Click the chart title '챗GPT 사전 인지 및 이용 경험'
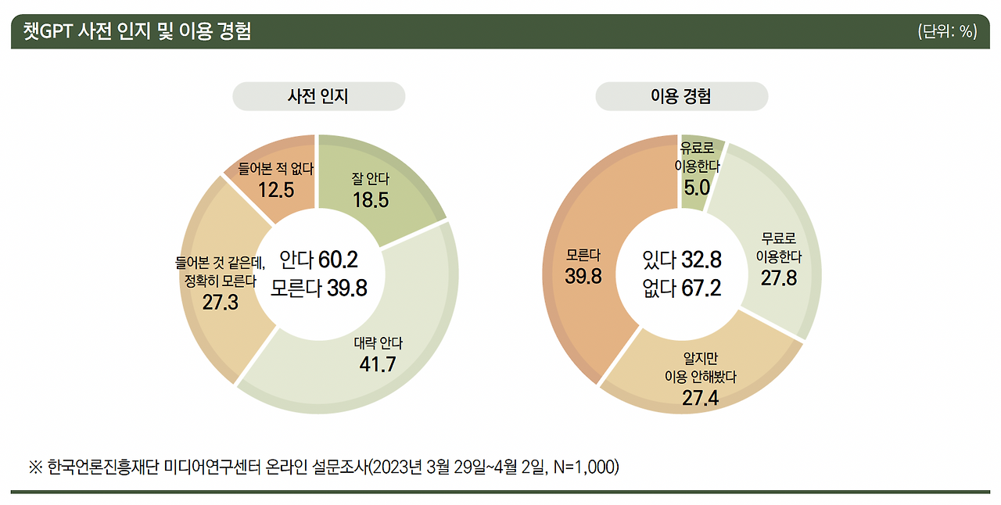point(137,32)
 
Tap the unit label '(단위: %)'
point(946,32)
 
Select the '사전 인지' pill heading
point(318,96)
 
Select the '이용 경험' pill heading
point(681,96)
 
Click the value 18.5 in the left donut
point(371,199)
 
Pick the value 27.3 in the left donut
point(220,303)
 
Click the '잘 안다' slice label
point(371,179)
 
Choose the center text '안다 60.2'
point(319,260)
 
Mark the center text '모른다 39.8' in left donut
point(319,288)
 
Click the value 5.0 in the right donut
point(696,188)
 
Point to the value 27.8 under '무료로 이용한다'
point(779,278)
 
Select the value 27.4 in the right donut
point(700,398)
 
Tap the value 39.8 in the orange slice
point(583,276)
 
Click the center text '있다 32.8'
point(681,260)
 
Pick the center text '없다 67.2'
point(681,288)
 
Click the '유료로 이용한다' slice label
point(697,156)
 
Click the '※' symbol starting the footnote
point(34,467)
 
